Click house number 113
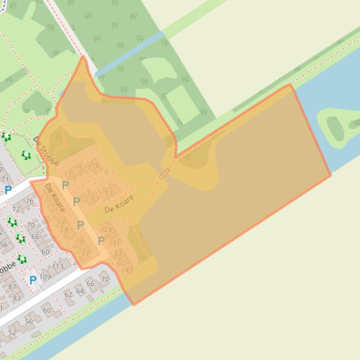[58, 267]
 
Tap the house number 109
[45, 277]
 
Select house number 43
[129, 270]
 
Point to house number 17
[109, 193]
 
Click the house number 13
[96, 198]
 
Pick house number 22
[85, 252]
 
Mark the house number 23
[108, 230]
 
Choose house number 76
[29, 202]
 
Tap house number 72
[16, 209]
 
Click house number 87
[12, 287]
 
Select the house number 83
[17, 298]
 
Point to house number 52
[12, 332]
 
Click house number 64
[80, 291]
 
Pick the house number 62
[68, 295]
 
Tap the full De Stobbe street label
[46, 151]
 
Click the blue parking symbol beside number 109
[33, 281]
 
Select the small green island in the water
[337, 125]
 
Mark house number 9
[97, 165]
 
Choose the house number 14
[64, 229]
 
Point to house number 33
[118, 252]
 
